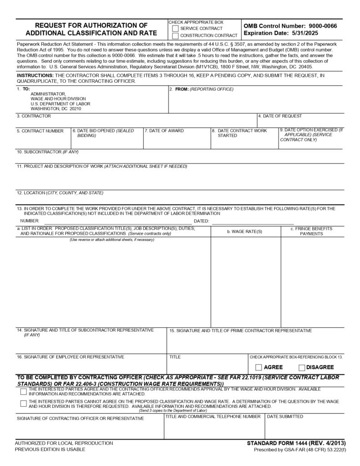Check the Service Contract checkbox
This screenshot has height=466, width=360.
175,28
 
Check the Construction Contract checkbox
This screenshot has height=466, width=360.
175,35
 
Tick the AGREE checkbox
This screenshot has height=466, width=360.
259,367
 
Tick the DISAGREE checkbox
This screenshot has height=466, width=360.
302,367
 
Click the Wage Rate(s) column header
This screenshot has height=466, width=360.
245,232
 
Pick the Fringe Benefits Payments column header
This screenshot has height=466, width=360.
311,231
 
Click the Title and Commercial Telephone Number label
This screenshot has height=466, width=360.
213,416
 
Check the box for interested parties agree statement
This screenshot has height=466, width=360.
23,391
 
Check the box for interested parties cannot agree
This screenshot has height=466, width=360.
23,403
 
